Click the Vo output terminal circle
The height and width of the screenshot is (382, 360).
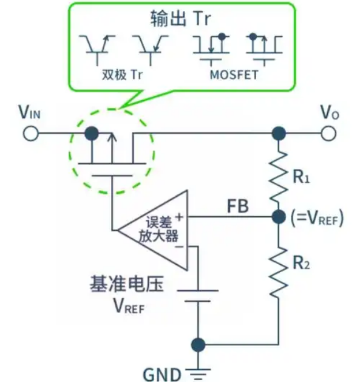click(x=328, y=133)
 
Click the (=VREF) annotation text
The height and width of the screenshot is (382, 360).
click(x=318, y=217)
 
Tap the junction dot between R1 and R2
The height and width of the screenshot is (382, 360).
click(x=279, y=216)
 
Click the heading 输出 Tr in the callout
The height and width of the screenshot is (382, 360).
click(x=180, y=18)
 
